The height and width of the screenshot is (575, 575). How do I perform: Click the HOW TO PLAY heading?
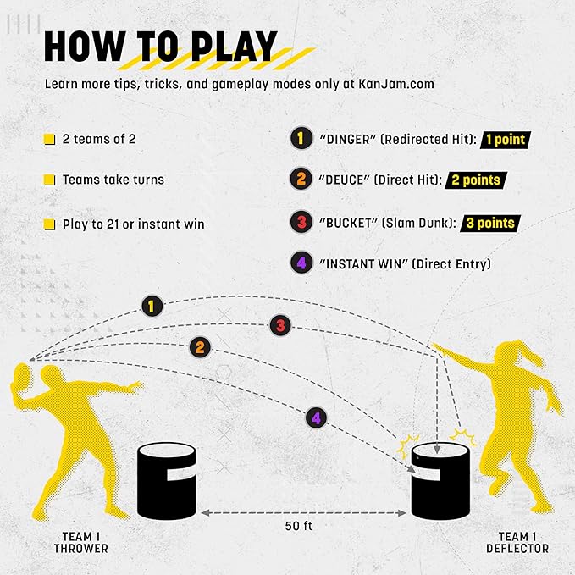click(x=160, y=47)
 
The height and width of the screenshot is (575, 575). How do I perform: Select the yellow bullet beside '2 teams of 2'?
click(x=50, y=139)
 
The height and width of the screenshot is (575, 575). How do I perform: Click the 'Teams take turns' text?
click(x=113, y=180)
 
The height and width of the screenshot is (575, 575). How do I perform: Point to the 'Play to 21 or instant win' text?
click(x=133, y=224)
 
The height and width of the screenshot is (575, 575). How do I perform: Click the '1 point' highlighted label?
click(x=505, y=139)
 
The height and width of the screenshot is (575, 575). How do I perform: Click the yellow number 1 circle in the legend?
click(x=300, y=139)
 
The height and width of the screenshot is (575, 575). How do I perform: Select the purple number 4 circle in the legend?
click(x=300, y=263)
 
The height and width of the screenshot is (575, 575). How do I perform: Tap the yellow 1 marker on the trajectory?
click(x=151, y=306)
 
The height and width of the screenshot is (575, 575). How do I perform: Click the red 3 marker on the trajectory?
click(x=281, y=324)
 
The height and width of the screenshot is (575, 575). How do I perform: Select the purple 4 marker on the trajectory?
click(x=316, y=417)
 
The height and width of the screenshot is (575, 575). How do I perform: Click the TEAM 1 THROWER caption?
click(x=85, y=542)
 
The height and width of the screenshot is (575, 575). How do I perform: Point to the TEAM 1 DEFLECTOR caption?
click(x=517, y=542)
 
